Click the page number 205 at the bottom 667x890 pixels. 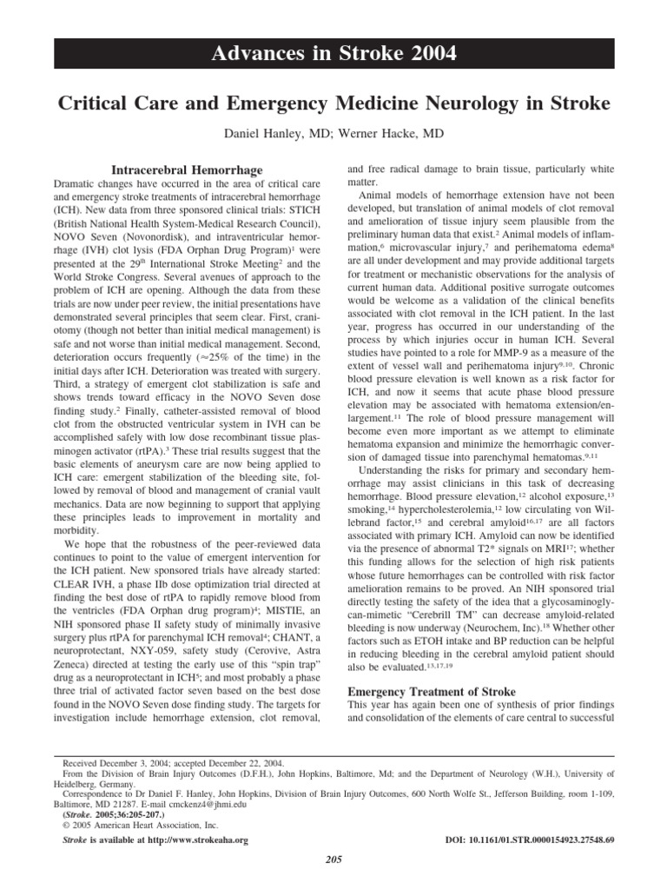tap(333, 860)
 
